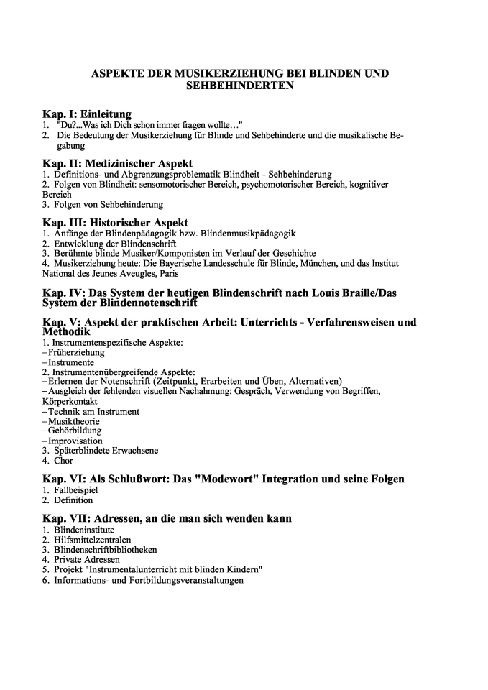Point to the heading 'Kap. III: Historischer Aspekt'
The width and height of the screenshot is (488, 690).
coord(115,224)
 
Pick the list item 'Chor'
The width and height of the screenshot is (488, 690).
coord(63,461)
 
